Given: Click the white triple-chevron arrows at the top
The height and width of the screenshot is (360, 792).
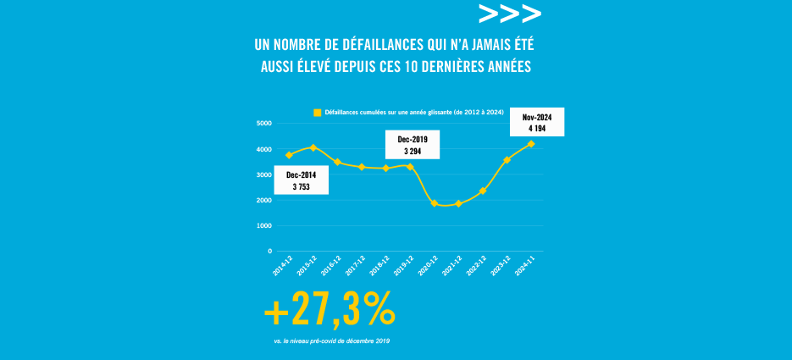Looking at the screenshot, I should coord(509,14).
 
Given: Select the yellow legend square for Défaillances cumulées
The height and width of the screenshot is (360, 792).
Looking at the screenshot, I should coord(317,112).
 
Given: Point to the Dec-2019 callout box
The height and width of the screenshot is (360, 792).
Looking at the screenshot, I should coord(413,144).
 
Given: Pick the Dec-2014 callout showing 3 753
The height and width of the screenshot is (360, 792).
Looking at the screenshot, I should coord(302,181).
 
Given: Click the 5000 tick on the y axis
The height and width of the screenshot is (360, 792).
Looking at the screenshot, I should coord(263,124).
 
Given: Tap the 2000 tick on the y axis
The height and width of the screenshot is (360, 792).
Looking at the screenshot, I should coord(263,201).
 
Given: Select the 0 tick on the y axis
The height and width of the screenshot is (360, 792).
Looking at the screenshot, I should coord(269,252).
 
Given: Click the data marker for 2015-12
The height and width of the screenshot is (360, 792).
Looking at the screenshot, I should coord(313,147).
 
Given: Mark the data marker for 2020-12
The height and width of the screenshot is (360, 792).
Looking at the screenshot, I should coord(435,203).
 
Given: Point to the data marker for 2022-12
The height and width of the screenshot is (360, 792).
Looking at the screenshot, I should coord(483,191).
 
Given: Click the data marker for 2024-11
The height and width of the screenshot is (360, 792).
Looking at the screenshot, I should coord(531,143).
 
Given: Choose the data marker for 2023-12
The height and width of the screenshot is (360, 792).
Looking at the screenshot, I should coord(507,159).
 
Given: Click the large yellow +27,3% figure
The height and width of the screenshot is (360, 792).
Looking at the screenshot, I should coord(330,312).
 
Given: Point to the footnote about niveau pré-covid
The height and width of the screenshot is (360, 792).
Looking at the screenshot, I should coord(332,341).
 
